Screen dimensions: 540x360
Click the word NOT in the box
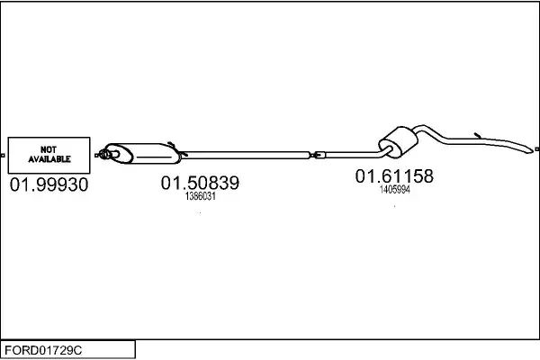(x=49, y=149)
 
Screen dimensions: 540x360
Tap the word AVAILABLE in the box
(x=49, y=159)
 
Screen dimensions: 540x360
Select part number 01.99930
(x=49, y=184)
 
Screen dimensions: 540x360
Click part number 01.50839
(x=200, y=183)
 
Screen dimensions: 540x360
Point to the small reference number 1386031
(x=201, y=196)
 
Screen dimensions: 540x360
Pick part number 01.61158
(x=394, y=176)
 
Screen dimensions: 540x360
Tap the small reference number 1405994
(x=395, y=190)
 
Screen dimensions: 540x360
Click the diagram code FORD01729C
(x=43, y=350)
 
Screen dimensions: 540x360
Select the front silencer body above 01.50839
(x=142, y=153)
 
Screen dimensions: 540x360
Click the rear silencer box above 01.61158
(x=399, y=141)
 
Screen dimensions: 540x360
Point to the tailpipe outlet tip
(x=530, y=150)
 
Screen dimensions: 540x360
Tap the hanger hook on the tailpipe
(x=477, y=135)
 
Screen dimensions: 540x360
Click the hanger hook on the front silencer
(x=172, y=144)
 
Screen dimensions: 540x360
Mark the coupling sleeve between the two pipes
(x=318, y=155)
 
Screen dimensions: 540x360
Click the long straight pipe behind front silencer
(x=245, y=155)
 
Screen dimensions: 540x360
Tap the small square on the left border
(x=3, y=156)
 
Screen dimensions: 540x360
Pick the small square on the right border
(x=537, y=149)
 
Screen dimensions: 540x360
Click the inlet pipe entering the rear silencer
(x=353, y=154)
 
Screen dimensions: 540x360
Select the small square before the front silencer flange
(x=96, y=156)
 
